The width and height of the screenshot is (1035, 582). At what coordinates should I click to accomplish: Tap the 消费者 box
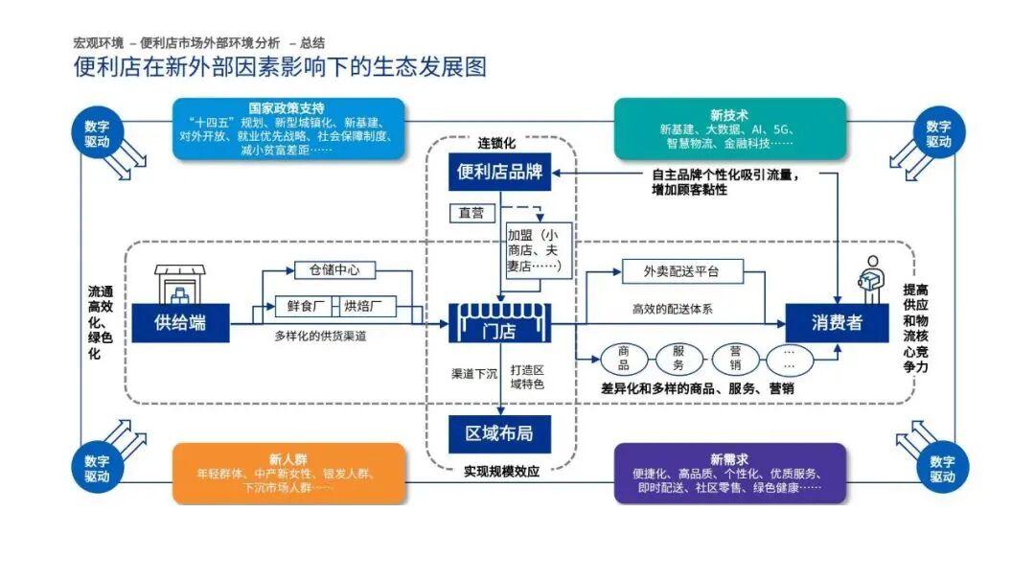pyautogui.click(x=837, y=322)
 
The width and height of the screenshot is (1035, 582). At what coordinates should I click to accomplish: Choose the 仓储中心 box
pyautogui.click(x=321, y=270)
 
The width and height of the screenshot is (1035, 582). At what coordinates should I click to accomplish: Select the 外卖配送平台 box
pyautogui.click(x=681, y=271)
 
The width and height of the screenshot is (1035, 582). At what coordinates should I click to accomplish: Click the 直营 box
pyautogui.click(x=471, y=213)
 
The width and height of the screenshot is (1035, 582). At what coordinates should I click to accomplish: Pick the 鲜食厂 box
pyautogui.click(x=307, y=307)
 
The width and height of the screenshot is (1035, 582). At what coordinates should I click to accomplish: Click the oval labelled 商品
pyautogui.click(x=624, y=359)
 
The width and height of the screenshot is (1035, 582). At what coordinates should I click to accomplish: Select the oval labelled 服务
pyautogui.click(x=679, y=359)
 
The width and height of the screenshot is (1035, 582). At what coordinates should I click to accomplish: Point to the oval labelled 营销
pyautogui.click(x=735, y=359)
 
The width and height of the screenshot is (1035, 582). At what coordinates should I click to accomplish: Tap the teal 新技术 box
pyautogui.click(x=729, y=128)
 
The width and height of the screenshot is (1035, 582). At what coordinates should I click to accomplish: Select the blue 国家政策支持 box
pyautogui.click(x=287, y=128)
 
